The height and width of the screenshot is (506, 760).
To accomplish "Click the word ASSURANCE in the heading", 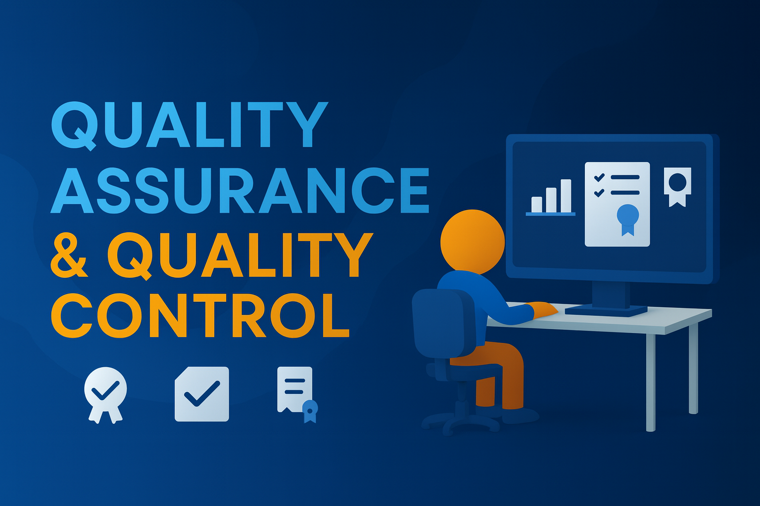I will pos(240,190).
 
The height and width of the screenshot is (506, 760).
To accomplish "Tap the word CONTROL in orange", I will pos(200,315).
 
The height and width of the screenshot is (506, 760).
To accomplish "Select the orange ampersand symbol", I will pos(70,256).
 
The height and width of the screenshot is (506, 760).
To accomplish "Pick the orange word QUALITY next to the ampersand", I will pos(239,256).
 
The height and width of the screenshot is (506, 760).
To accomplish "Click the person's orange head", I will pos(472,241).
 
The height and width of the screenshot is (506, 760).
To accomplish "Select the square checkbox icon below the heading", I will pos(202,394).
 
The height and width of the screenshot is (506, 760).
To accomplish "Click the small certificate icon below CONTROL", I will pos(296,390).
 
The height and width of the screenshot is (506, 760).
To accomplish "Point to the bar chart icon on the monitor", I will pos(551,198).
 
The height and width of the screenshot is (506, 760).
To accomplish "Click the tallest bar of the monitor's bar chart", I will pos(566,196).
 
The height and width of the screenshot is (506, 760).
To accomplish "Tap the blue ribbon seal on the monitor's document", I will pos(627,218).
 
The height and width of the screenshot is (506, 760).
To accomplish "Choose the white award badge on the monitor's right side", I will pos(677,186).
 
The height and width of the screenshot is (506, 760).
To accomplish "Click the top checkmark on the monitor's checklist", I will pos(599,177).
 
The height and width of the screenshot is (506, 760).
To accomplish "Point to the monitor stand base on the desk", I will pos(606,310).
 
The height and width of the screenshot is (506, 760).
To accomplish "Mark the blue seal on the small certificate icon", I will pos(310,410).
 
